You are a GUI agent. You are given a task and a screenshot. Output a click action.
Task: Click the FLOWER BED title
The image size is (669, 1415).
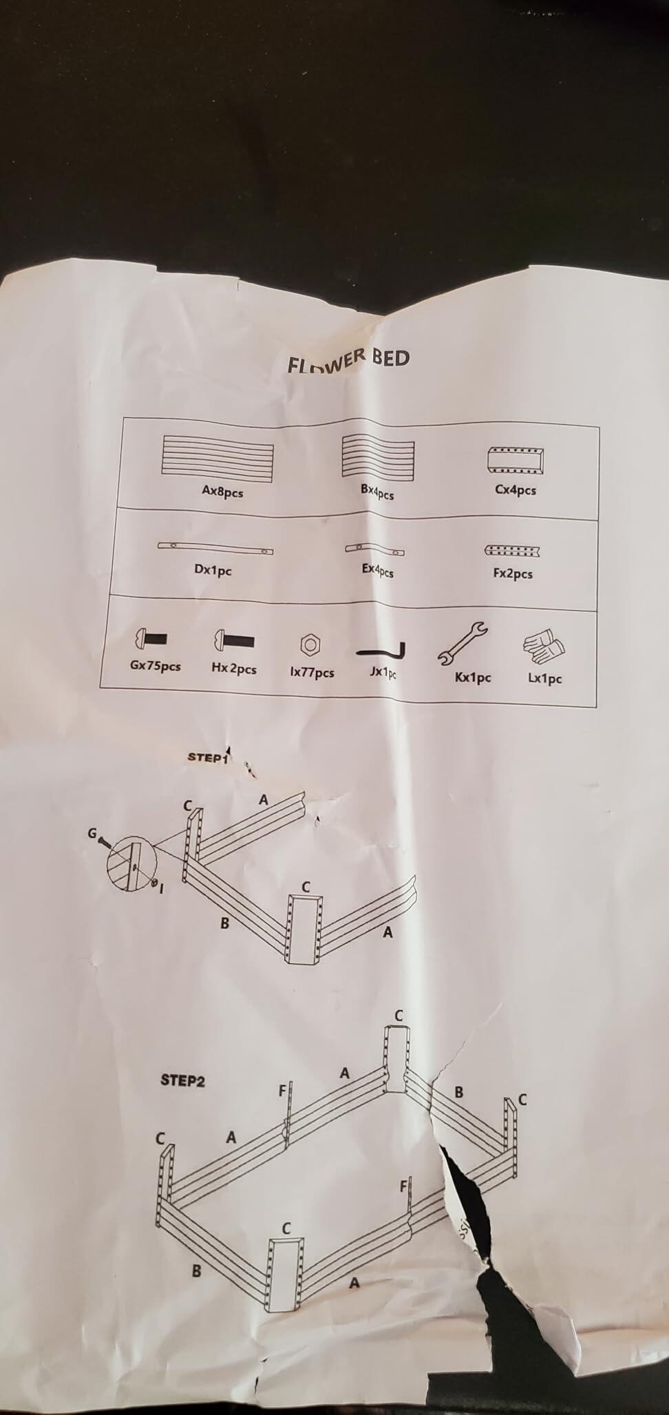click(x=349, y=359)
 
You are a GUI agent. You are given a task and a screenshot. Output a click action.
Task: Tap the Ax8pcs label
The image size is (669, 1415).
click(x=222, y=492)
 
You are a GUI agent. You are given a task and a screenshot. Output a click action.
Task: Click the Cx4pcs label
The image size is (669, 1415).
click(x=516, y=490)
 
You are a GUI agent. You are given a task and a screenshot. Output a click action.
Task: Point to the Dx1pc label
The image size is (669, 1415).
click(x=213, y=570)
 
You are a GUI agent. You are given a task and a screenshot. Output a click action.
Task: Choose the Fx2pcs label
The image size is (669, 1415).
click(x=513, y=573)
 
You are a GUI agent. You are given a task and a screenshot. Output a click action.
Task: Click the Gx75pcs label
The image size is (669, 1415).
click(x=156, y=666)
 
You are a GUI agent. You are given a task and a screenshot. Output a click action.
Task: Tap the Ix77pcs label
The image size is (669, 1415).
click(x=312, y=672)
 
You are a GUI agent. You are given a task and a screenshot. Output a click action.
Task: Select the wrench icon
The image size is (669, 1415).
click(x=462, y=642)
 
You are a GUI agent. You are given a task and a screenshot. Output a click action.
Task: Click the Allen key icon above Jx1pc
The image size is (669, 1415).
click(x=381, y=651)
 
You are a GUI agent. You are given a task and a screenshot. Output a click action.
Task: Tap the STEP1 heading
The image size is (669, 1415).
click(x=208, y=757)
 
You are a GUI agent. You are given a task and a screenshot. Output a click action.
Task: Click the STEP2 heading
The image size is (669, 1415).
click(x=182, y=1080)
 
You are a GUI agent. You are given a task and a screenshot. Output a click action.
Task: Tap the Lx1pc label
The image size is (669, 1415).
click(x=545, y=678)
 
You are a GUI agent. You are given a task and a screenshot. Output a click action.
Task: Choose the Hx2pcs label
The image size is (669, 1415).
click(x=234, y=669)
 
